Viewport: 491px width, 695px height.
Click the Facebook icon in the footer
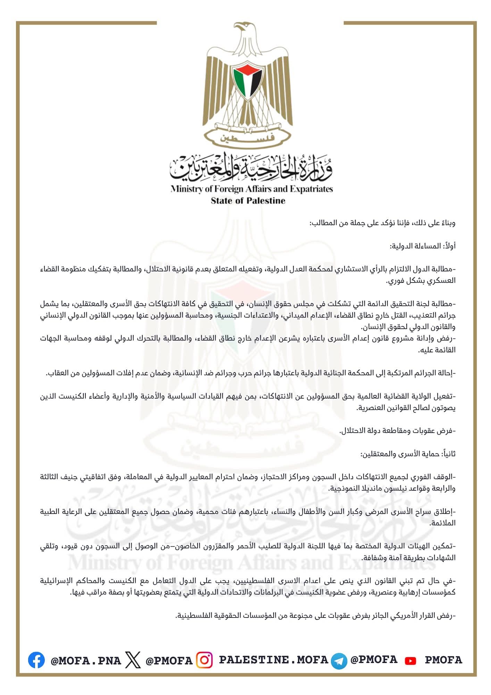(x=36, y=660)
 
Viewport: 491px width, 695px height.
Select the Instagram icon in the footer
(x=205, y=660)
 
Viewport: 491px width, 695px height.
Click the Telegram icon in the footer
(x=339, y=660)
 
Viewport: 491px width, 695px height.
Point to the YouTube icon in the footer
(x=410, y=661)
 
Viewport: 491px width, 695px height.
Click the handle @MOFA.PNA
(x=86, y=660)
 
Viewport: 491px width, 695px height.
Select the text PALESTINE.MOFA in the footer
(x=273, y=660)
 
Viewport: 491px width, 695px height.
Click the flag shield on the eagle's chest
(x=247, y=80)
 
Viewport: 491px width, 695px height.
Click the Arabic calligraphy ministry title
(x=251, y=169)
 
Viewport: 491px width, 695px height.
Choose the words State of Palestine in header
(x=248, y=201)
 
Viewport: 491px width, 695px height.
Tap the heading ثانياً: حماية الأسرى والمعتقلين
(x=408, y=454)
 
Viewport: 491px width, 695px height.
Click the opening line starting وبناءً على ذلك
(x=382, y=223)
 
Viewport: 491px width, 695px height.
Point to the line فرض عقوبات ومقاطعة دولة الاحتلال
(x=397, y=431)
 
